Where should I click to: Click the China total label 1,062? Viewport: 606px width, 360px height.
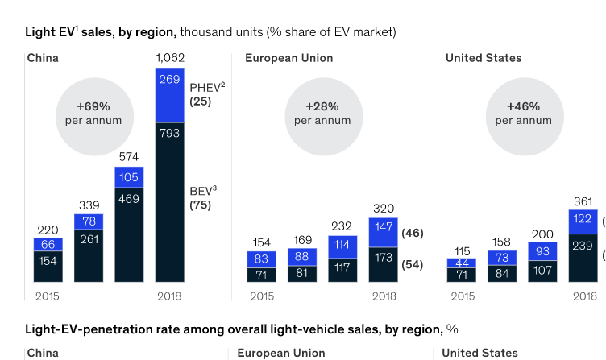(169, 57)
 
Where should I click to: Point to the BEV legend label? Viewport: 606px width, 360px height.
(203, 191)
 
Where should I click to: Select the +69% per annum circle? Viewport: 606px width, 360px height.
(93, 114)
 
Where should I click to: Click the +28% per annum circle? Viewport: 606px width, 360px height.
(322, 114)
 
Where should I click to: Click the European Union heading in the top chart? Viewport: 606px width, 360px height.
(288, 58)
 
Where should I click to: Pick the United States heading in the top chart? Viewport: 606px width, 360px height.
(484, 58)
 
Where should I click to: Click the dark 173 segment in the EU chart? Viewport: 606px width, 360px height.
(384, 264)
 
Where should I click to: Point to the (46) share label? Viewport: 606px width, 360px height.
(412, 233)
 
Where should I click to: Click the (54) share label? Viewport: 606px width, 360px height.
(412, 264)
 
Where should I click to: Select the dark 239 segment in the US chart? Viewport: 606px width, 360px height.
(583, 257)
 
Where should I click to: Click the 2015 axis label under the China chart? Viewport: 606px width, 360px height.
(48, 296)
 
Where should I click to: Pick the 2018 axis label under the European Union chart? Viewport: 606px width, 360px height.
(384, 296)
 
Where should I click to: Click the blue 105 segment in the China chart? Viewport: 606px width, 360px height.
(129, 177)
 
